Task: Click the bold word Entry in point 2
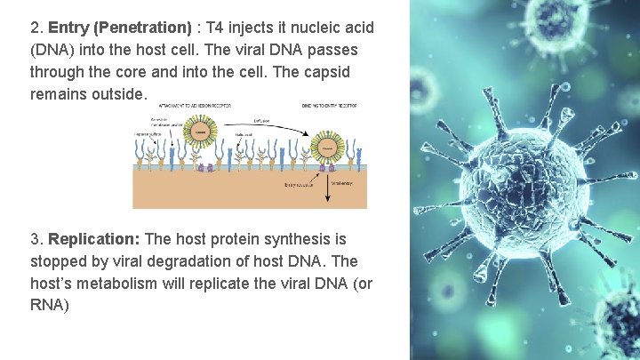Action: click(68, 28)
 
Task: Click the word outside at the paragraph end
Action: click(117, 94)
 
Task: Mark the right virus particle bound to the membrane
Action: click(325, 148)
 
